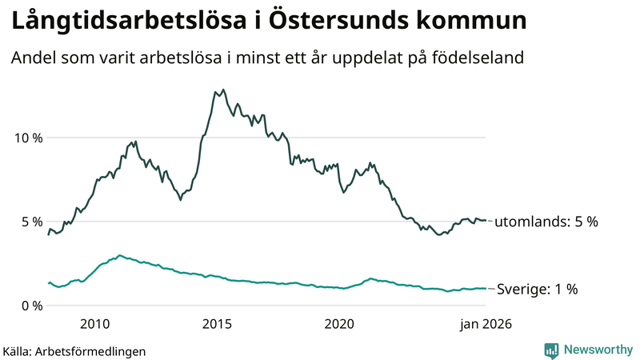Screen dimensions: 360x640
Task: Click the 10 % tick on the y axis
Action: pyautogui.click(x=27, y=138)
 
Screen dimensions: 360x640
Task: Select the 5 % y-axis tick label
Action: pyautogui.click(x=31, y=222)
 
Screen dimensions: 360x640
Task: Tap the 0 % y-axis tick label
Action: pyautogui.click(x=31, y=306)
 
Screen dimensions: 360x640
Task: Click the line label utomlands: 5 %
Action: pyautogui.click(x=546, y=222)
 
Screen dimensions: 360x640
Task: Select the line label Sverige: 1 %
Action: pyautogui.click(x=537, y=290)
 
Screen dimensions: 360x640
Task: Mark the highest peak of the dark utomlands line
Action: pyautogui.click(x=222, y=90)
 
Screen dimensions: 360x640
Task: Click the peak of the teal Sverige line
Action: pyautogui.click(x=119, y=255)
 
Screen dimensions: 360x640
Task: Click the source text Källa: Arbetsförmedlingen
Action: pyautogui.click(x=74, y=350)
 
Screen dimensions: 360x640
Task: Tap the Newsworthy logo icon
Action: pyautogui.click(x=551, y=350)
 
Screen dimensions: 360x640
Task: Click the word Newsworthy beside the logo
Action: pyautogui.click(x=597, y=350)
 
